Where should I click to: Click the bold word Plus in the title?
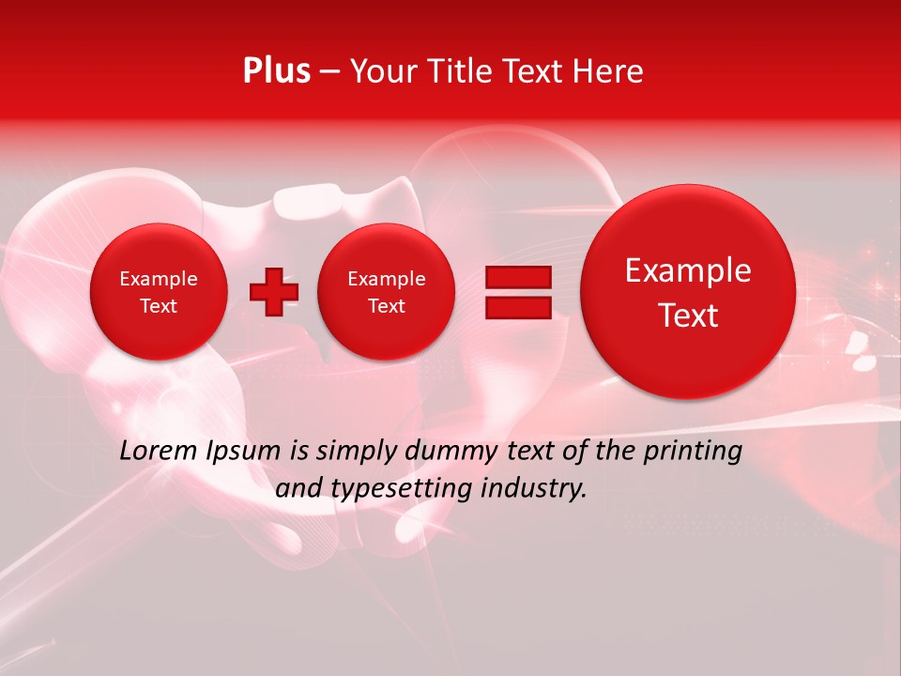click(276, 71)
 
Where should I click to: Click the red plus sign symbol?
click(273, 291)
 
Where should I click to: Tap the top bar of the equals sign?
click(518, 277)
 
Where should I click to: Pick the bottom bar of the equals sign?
click(518, 308)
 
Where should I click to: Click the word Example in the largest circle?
click(688, 270)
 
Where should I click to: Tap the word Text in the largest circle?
click(688, 315)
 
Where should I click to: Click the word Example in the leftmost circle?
click(158, 279)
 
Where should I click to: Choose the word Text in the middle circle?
click(386, 306)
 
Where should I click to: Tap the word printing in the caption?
click(692, 452)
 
